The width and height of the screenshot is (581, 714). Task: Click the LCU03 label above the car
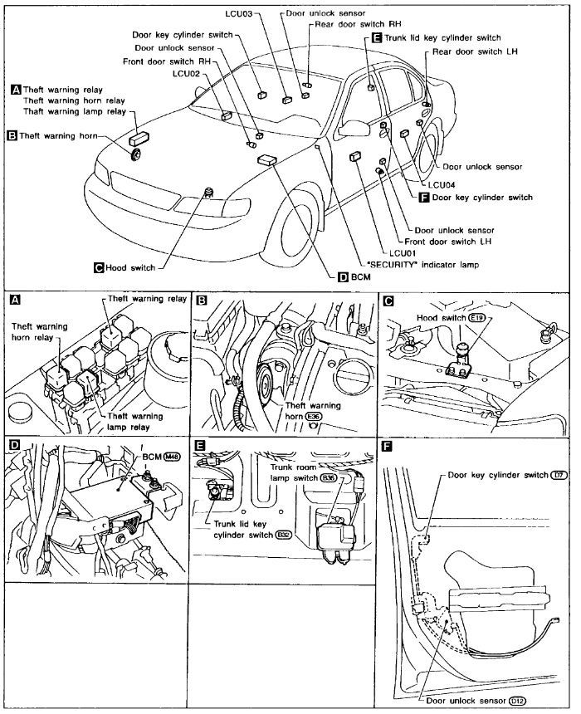click(x=242, y=14)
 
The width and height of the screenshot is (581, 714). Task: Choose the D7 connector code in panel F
click(x=561, y=473)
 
